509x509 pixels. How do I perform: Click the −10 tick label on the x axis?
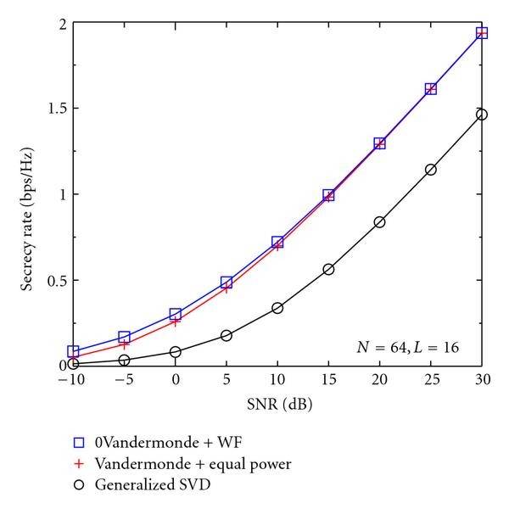click(71, 381)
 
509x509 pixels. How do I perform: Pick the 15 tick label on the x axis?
click(328, 381)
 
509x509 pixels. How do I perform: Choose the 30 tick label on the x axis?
click(482, 381)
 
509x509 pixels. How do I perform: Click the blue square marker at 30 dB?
click(482, 33)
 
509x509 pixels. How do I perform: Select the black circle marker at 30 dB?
click(482, 115)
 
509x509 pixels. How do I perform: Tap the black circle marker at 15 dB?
click(328, 269)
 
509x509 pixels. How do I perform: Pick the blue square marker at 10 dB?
click(277, 243)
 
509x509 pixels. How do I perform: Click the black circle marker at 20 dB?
click(379, 222)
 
